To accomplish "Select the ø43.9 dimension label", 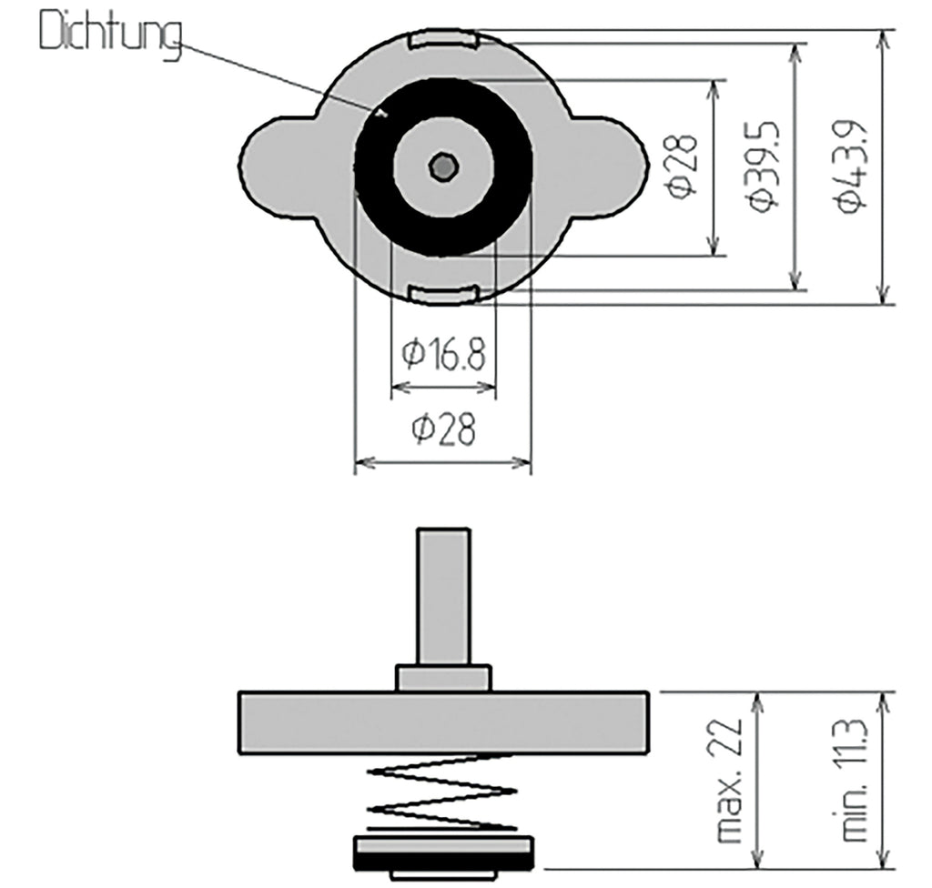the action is pyautogui.click(x=851, y=167).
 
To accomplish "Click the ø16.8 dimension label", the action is pyautogui.click(x=443, y=354).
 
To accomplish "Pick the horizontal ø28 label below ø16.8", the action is pyautogui.click(x=443, y=429).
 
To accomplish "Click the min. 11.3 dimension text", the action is pyautogui.click(x=855, y=780).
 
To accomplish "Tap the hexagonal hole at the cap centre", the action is pyautogui.click(x=443, y=167).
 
